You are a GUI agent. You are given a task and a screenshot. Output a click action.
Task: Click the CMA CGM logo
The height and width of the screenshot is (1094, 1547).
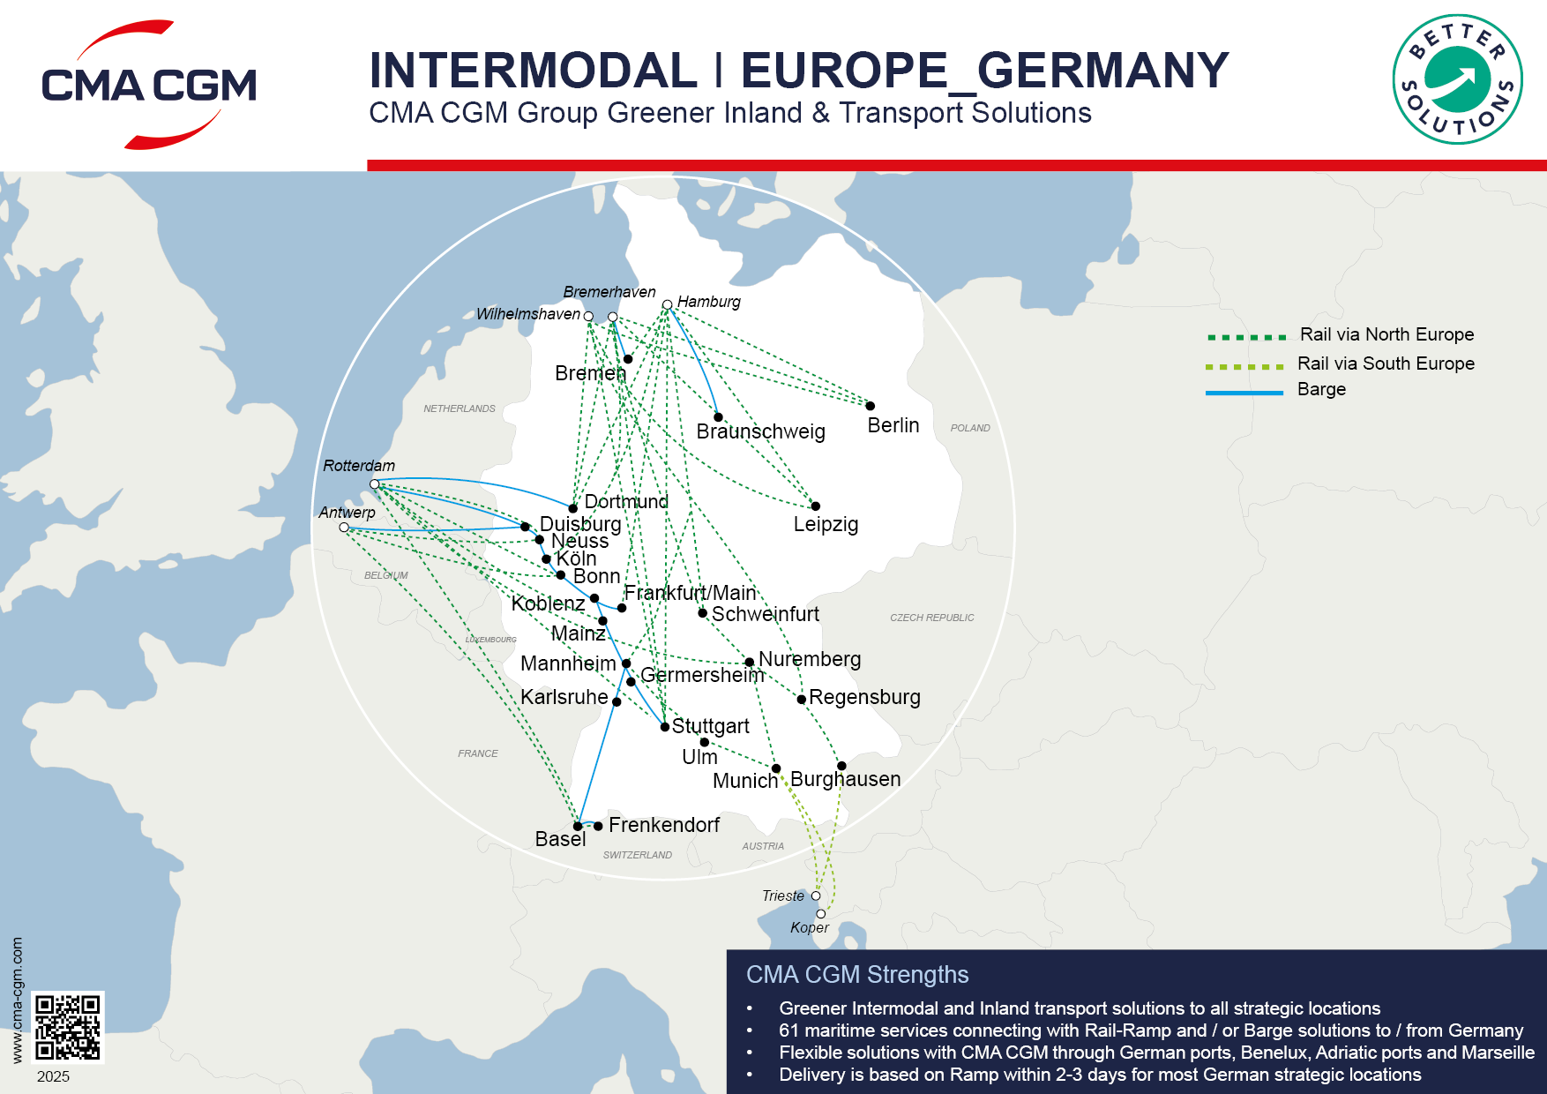pos(148,86)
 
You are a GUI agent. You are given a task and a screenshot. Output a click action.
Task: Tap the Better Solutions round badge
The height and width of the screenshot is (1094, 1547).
pos(1457,79)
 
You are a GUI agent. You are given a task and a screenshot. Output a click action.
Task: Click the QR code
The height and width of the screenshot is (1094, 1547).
pos(68,1027)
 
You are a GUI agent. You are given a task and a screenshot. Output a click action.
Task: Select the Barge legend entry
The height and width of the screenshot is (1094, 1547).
pos(1320,390)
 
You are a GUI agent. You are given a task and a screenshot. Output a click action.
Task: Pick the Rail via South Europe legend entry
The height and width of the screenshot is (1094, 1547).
pos(1385,363)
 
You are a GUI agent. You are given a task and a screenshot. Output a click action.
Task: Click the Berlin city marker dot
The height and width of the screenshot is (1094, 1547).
pos(870,406)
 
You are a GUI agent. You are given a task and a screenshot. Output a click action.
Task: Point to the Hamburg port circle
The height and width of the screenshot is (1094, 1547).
pos(668,304)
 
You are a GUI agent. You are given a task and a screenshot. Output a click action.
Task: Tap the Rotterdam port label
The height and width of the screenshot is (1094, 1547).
pos(359,466)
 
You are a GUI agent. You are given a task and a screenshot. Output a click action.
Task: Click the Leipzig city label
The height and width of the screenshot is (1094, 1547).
pos(826,524)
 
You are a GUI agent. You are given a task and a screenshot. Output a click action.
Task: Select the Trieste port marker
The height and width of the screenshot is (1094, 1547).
pos(816,895)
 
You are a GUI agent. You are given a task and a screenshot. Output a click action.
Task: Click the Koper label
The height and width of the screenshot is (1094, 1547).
pos(809,927)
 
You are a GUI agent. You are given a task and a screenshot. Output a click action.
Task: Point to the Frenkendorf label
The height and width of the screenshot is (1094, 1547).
pos(663,825)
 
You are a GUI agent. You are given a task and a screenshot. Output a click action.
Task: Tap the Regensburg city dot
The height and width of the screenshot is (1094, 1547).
pos(802,699)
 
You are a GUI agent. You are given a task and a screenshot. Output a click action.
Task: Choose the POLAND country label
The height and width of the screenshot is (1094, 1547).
pos(970,428)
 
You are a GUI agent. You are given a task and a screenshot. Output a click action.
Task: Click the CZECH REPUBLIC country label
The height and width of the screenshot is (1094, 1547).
pos(931,618)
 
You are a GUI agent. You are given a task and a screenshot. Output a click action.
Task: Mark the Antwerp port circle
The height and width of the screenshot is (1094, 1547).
pos(344,528)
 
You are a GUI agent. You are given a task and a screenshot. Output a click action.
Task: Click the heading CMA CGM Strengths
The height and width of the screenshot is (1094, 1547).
pos(857,974)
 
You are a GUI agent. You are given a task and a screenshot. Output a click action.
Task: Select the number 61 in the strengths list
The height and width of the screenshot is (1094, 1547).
pos(788,1030)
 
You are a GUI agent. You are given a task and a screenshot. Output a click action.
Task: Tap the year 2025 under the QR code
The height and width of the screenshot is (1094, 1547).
pos(53,1076)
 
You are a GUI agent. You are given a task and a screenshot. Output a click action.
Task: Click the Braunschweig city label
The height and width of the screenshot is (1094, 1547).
pos(760,431)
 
